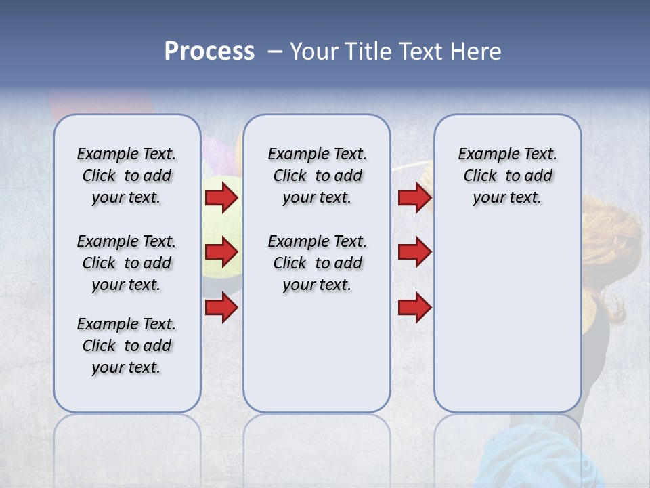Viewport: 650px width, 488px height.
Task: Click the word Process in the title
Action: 209,51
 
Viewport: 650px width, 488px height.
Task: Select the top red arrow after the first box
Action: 221,197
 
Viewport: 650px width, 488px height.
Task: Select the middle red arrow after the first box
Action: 221,252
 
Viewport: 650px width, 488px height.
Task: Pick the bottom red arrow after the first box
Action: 221,308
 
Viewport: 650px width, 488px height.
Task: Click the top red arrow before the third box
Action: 414,197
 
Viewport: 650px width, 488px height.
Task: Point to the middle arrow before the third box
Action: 414,252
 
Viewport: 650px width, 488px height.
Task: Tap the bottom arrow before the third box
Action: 414,308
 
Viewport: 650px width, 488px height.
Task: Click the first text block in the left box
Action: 127,176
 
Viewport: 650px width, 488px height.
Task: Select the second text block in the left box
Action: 127,263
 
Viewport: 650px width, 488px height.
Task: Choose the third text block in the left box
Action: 127,346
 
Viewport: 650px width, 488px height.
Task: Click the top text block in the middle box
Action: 317,176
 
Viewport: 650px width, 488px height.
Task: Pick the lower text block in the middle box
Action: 317,263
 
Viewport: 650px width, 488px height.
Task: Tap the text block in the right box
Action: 507,176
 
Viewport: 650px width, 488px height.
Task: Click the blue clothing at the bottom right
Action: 542,454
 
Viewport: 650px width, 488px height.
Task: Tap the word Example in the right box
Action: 483,155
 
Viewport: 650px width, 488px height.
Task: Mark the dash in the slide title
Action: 275,52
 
